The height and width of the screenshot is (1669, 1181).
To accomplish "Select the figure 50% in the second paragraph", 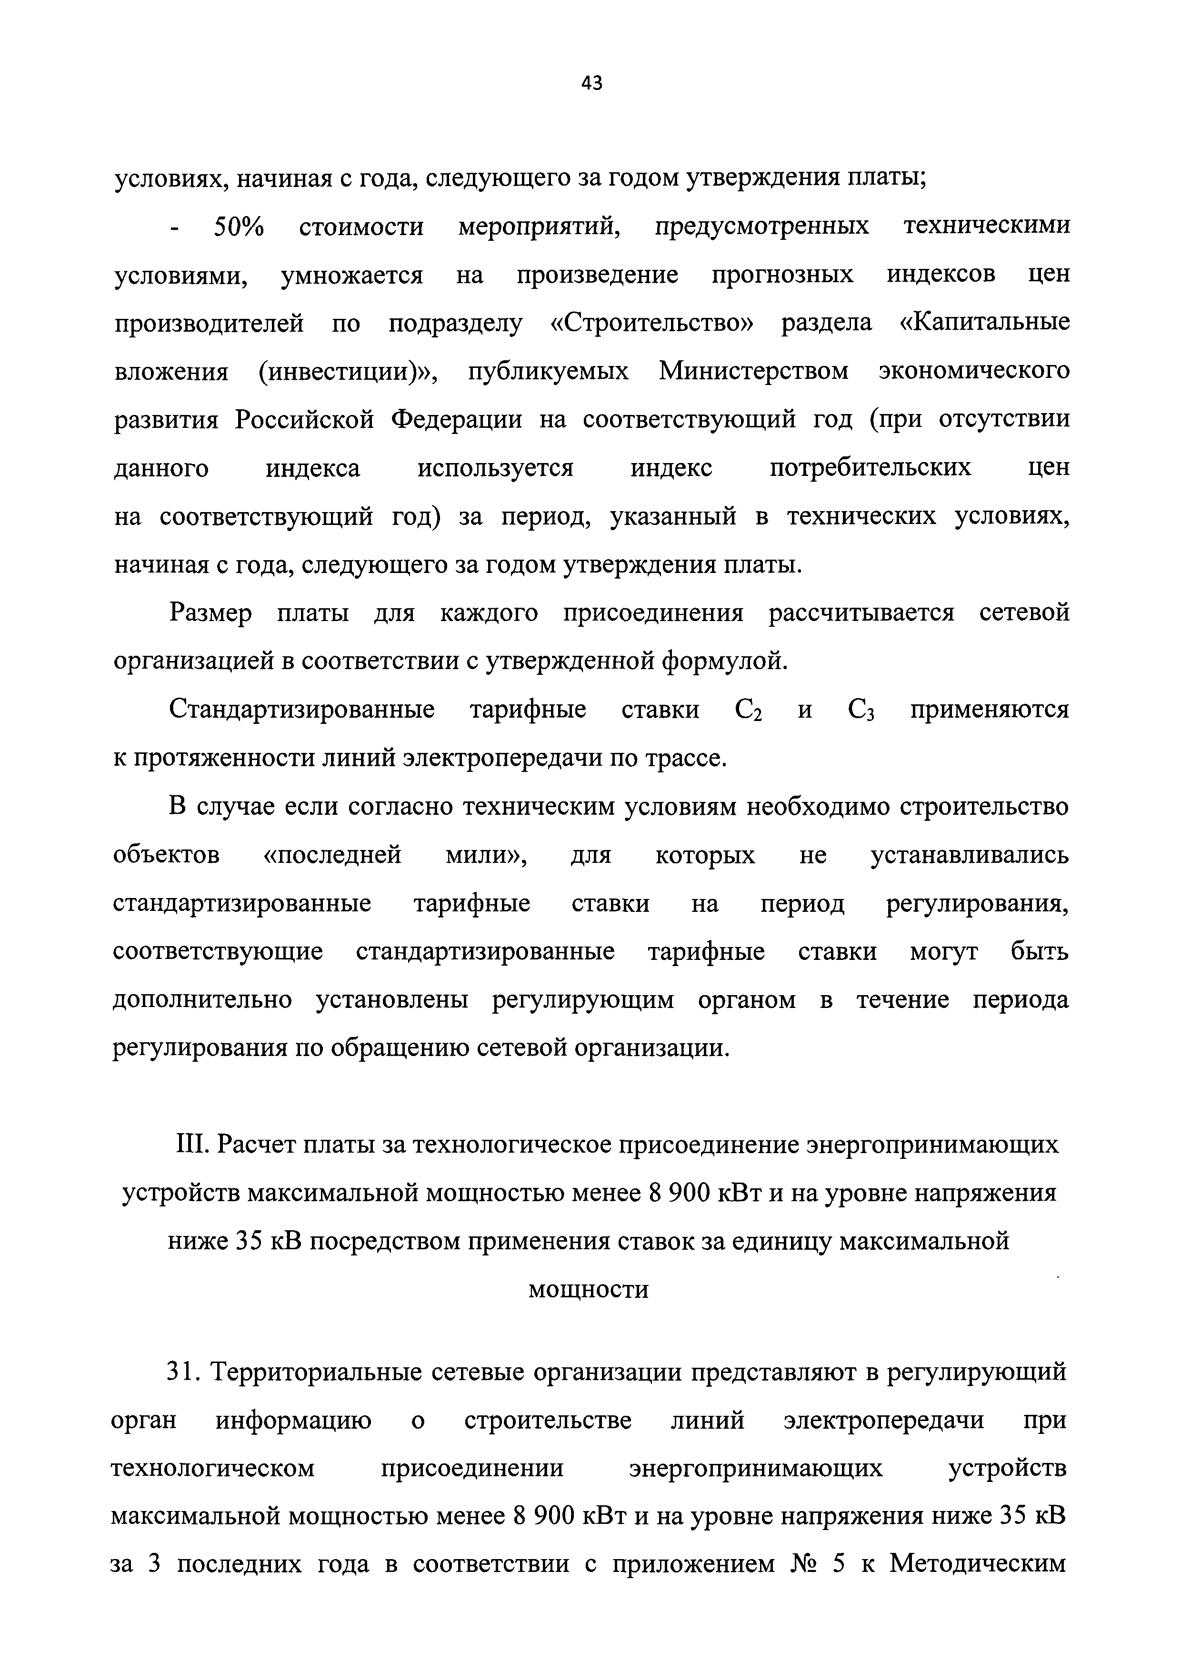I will click(x=239, y=227).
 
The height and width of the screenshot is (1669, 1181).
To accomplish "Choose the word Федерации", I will click(x=457, y=420).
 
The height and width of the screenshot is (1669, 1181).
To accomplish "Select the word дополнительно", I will click(x=202, y=1001).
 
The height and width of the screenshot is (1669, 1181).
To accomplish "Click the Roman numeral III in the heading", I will click(x=193, y=1146).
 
